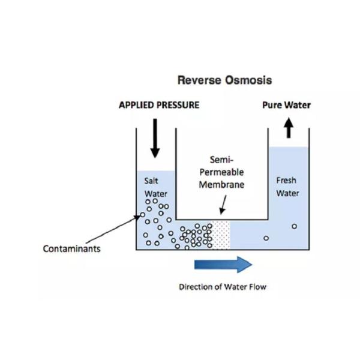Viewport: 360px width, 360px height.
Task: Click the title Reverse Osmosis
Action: click(x=224, y=80)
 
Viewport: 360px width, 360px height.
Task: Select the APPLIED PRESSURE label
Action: click(x=159, y=105)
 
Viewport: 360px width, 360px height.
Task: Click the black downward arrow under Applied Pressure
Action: click(x=155, y=137)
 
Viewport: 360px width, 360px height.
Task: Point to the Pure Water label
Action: click(x=286, y=105)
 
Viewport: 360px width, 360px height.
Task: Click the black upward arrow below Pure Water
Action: click(x=288, y=127)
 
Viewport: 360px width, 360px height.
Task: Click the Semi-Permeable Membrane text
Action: click(x=221, y=172)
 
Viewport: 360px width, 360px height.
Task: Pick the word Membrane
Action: click(x=221, y=185)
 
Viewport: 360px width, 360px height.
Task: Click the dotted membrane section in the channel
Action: click(x=221, y=235)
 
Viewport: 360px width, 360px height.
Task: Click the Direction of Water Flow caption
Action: click(x=222, y=287)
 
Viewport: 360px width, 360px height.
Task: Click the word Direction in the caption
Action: click(x=195, y=287)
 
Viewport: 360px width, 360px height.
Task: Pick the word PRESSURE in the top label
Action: click(x=178, y=105)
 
